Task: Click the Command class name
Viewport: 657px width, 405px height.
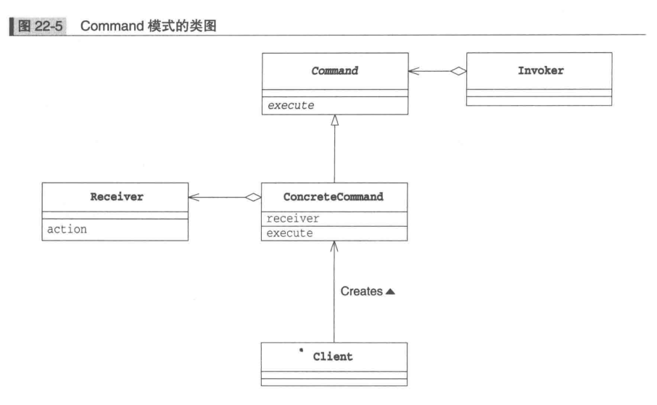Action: point(334,72)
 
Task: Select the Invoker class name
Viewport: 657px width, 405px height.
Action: point(540,71)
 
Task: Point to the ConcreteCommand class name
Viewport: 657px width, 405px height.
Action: point(334,196)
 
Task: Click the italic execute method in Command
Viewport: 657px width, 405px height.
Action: point(291,105)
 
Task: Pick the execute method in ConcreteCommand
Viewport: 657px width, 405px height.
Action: point(289,233)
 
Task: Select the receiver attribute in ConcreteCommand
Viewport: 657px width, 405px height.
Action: point(293,218)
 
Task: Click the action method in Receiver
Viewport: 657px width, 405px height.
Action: point(67,229)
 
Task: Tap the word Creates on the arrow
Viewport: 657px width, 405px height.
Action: point(361,291)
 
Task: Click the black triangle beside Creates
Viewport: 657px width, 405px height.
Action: point(390,291)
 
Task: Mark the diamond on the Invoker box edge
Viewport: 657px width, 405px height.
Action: point(458,71)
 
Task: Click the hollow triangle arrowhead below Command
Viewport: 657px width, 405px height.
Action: point(334,121)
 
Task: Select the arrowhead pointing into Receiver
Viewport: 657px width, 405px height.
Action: point(193,196)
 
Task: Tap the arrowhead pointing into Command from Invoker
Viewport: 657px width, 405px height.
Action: point(413,71)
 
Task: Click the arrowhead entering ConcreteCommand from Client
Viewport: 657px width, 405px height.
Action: point(334,246)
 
